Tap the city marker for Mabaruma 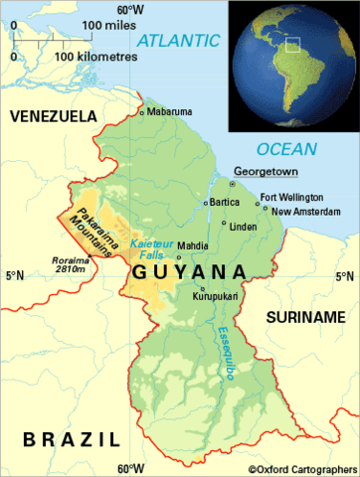pyautogui.click(x=142, y=112)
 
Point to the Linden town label pyautogui.click(x=243, y=226)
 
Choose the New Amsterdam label pyautogui.click(x=301, y=211)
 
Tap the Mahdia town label pyautogui.click(x=192, y=245)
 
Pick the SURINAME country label pyautogui.click(x=302, y=316)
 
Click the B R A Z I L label pyautogui.click(x=72, y=438)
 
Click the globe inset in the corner pyautogui.click(x=292, y=67)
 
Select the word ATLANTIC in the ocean pyautogui.click(x=179, y=41)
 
